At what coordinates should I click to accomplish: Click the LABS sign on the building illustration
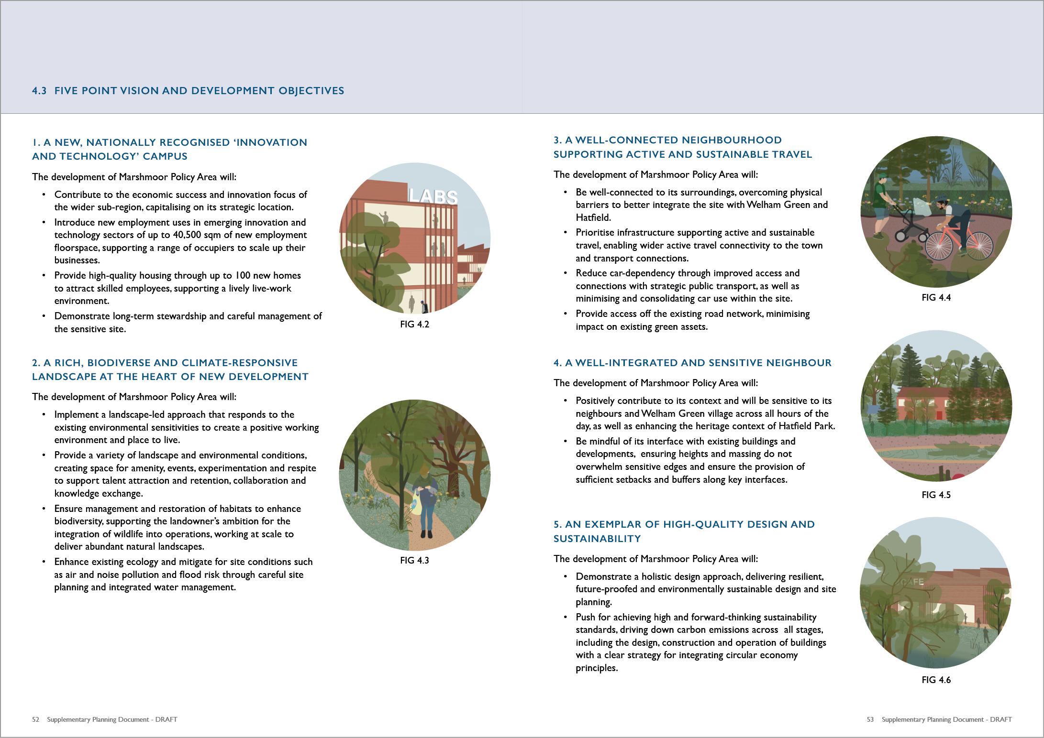click(x=433, y=196)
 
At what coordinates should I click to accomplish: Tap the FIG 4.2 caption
click(x=414, y=325)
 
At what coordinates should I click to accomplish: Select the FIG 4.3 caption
click(x=414, y=561)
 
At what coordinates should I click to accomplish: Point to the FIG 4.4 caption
click(x=936, y=298)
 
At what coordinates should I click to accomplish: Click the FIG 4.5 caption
click(x=936, y=495)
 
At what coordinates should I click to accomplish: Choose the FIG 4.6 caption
click(x=936, y=680)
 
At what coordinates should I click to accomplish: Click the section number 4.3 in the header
click(x=39, y=91)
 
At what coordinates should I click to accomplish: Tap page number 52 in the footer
click(x=36, y=719)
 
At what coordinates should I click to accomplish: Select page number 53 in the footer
click(x=870, y=719)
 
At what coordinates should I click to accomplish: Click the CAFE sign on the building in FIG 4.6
click(x=912, y=582)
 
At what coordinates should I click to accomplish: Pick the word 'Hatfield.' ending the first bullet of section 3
click(x=593, y=218)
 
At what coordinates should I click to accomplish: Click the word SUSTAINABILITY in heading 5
click(x=597, y=539)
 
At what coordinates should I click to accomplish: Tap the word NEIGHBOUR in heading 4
click(x=799, y=363)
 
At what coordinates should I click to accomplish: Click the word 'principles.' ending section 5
click(x=597, y=668)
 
